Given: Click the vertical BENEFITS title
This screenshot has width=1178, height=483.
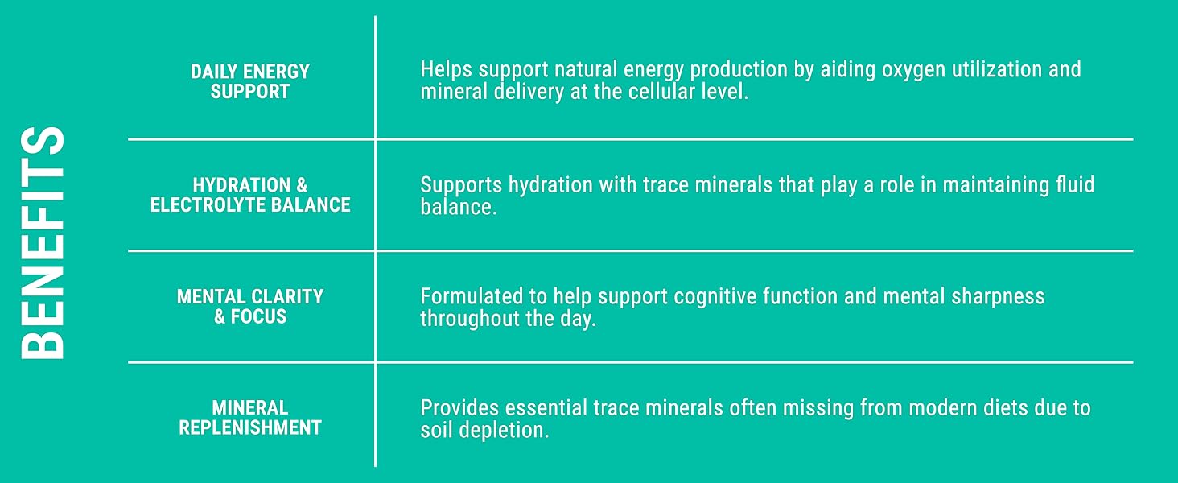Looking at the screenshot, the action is click(42, 242).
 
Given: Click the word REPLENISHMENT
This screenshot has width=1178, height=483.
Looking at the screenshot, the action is click(250, 427).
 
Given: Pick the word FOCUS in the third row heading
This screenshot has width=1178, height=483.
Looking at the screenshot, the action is click(259, 316).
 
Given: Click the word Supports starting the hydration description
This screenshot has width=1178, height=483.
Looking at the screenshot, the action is click(461, 186).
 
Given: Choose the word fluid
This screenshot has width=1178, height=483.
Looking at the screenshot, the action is click(1075, 184).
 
